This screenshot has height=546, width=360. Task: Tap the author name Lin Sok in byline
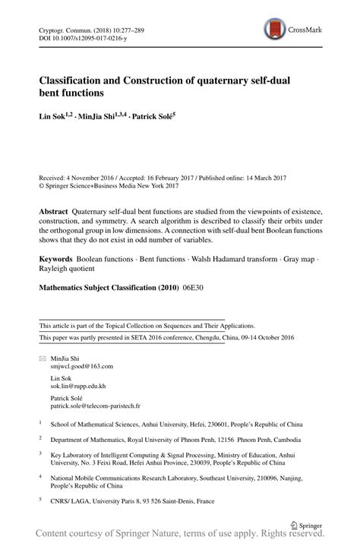pos(54,116)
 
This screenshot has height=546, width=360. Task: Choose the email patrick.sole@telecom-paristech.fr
pos(96,406)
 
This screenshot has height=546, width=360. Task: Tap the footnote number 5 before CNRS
pos(41,500)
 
